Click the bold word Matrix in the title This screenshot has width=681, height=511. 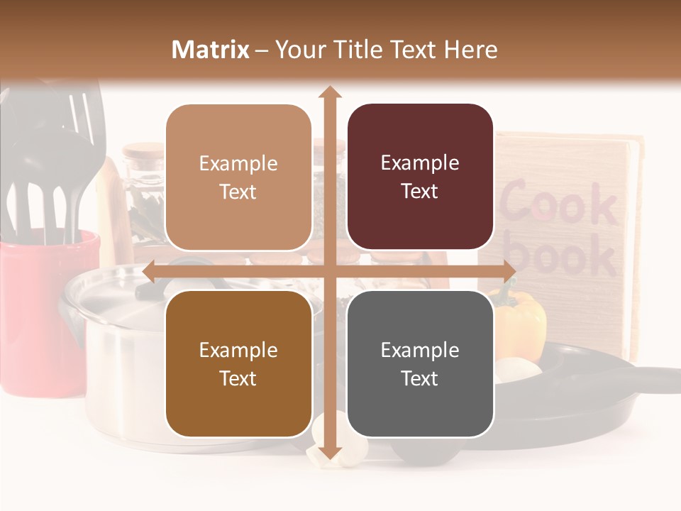[211, 50]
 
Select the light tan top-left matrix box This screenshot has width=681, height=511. [238, 177]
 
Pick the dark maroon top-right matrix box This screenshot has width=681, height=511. [420, 177]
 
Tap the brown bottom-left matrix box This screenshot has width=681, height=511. [238, 363]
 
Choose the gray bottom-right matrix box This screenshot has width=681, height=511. [420, 363]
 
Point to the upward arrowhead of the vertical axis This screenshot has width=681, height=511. [329, 92]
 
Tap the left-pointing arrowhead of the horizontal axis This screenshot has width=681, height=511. [150, 271]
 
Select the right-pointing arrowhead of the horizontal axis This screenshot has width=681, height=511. [509, 271]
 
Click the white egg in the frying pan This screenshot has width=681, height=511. [519, 369]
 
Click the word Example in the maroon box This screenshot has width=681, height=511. [420, 163]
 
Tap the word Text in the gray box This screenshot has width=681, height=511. [420, 378]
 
